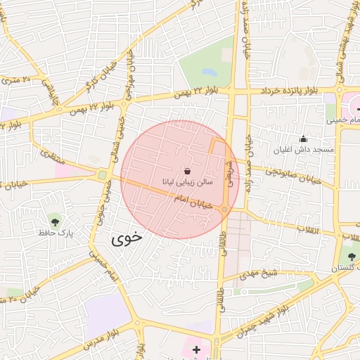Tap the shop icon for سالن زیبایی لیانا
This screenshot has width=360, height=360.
[186, 171]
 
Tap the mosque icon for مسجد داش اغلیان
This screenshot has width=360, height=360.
[303, 139]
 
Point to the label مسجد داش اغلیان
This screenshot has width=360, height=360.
[304, 150]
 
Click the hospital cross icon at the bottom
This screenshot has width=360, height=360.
[195, 349]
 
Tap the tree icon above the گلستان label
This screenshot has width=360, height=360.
[352, 257]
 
